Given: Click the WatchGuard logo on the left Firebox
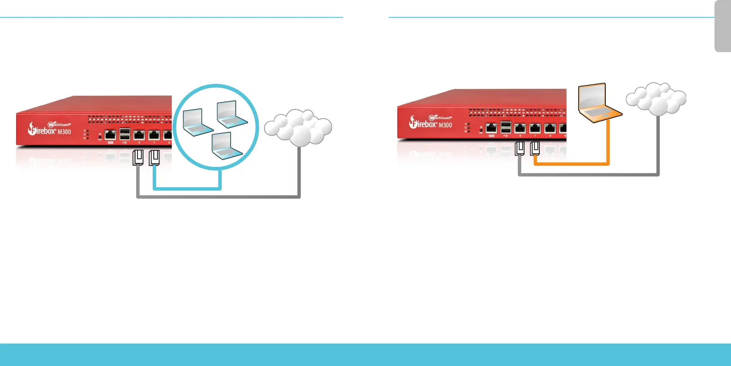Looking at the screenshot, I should tap(59, 125).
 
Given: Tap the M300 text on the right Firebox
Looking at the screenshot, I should tap(445, 125).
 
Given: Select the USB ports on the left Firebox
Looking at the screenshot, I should tap(124, 134).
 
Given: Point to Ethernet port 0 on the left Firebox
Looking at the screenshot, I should tap(139, 135).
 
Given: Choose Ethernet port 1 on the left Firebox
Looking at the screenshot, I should tap(154, 135).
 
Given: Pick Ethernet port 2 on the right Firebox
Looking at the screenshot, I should tap(550, 128).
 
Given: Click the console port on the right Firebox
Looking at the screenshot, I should tap(491, 128).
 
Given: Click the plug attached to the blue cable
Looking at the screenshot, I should tap(154, 158).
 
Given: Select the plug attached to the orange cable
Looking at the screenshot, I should tap(535, 149).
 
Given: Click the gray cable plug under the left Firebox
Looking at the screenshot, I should tap(138, 158).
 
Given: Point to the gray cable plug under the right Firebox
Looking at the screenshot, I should tap(520, 149).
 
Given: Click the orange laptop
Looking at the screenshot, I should tap(599, 103).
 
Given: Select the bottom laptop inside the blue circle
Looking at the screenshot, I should tap(226, 146).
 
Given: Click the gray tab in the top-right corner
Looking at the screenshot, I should tap(723, 26).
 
